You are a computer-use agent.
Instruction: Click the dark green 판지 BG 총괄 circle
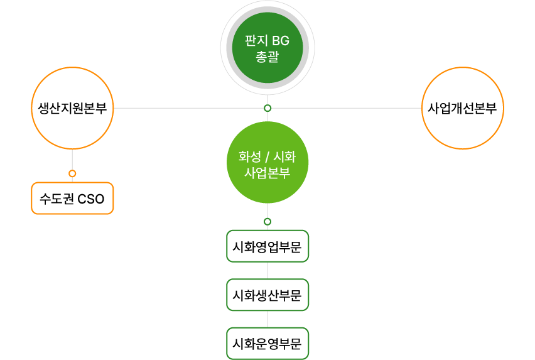click(267, 48)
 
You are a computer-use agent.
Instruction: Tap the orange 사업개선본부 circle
click(463, 108)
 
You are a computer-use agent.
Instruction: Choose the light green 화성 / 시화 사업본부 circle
click(267, 162)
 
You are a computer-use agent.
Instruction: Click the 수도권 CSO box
click(72, 199)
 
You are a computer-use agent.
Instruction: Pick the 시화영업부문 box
click(267, 246)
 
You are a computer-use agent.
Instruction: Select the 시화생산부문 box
click(267, 295)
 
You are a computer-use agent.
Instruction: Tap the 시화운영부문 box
click(267, 344)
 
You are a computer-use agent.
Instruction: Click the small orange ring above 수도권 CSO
click(72, 173)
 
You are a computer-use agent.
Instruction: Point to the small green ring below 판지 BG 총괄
click(267, 108)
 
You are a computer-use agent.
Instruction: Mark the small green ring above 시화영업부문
click(267, 222)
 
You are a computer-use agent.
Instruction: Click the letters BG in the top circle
click(280, 41)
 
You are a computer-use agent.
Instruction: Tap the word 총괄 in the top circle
click(267, 57)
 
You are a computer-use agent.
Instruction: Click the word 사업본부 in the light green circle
click(267, 172)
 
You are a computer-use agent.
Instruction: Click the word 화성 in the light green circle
click(250, 156)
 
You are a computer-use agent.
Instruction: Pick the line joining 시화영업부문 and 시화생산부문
click(267, 271)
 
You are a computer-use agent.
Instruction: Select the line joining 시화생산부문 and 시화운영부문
click(267, 319)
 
